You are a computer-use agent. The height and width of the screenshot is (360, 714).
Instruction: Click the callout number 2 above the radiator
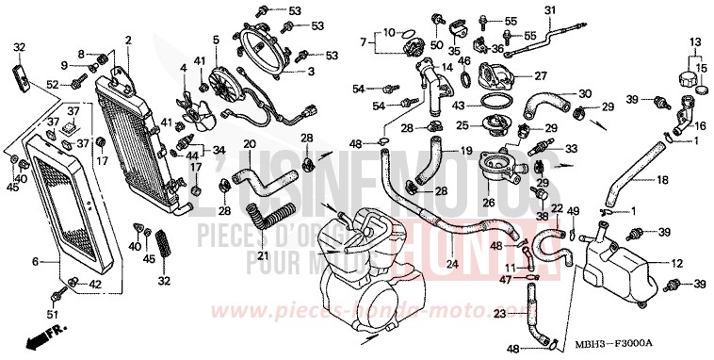[128, 39]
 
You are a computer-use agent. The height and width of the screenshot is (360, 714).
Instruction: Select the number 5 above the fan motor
[216, 39]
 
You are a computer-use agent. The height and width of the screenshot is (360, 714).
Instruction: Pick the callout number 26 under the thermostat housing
[488, 201]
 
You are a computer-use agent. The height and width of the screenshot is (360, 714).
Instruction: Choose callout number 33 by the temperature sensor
[571, 149]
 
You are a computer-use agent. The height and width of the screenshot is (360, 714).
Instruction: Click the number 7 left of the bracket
[362, 41]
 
